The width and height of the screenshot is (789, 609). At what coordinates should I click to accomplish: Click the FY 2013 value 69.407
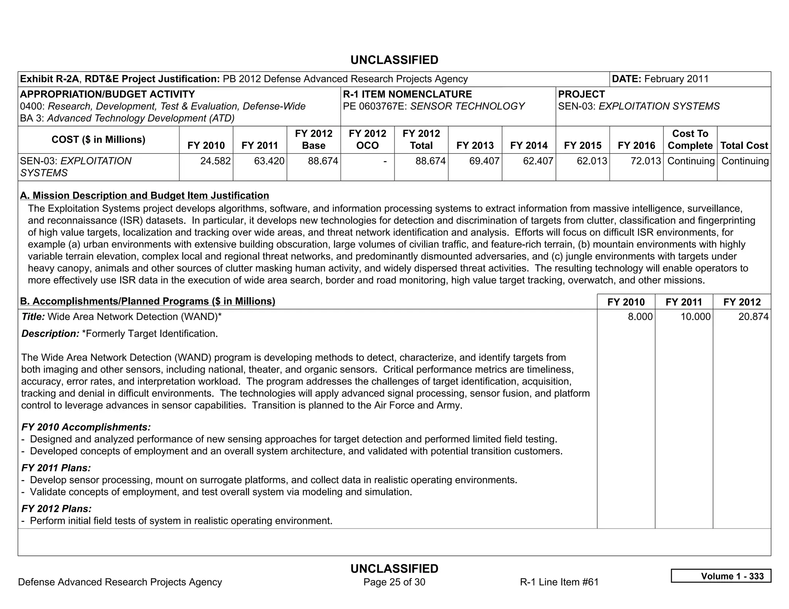pos(484,161)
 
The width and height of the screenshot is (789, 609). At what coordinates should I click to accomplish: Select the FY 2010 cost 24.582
pos(215,161)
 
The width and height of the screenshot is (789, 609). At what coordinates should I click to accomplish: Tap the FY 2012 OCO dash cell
pos(384,161)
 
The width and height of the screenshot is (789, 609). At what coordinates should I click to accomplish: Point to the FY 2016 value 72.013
pos(645,161)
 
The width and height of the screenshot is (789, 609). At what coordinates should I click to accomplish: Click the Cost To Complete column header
pos(690,139)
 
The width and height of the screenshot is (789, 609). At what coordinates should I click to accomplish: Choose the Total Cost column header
pos(744,146)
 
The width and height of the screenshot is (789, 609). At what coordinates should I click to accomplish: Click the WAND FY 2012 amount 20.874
pos(753,317)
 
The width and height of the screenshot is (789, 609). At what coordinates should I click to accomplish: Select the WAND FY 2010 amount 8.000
pos(640,317)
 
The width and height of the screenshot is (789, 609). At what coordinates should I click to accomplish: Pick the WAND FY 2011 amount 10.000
pos(695,317)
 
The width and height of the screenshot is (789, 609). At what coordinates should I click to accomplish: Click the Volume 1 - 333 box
pos(721,576)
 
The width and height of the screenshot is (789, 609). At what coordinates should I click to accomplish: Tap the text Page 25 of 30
pos(394,582)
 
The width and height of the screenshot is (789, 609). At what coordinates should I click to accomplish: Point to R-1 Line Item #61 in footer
pos(559,582)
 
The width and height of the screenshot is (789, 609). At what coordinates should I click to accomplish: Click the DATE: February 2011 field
pos(660,79)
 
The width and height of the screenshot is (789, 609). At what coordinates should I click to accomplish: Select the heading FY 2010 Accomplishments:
pos(86,427)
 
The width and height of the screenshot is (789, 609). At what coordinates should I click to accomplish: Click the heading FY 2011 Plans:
pos(56,468)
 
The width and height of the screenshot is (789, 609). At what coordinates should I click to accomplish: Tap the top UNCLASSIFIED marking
pos(394,60)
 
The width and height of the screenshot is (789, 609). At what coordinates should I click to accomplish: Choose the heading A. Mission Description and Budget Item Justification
pos(144,196)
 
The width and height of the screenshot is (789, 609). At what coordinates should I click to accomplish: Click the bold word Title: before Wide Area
pos(33,317)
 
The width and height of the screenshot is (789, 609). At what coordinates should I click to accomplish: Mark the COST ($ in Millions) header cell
pos(98,139)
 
